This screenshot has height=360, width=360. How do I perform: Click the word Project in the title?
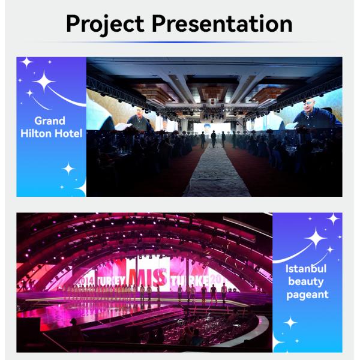(x=106, y=25)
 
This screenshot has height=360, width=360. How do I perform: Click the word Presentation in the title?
(x=222, y=25)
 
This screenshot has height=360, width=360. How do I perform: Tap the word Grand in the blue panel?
(x=50, y=121)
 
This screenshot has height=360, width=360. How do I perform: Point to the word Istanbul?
(x=307, y=269)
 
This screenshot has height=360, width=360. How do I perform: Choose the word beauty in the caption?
(x=307, y=281)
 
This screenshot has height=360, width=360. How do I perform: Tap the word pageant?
(x=307, y=295)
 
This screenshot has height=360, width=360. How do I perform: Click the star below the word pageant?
(x=290, y=323)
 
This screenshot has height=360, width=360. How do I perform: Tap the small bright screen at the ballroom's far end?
(x=215, y=128)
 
